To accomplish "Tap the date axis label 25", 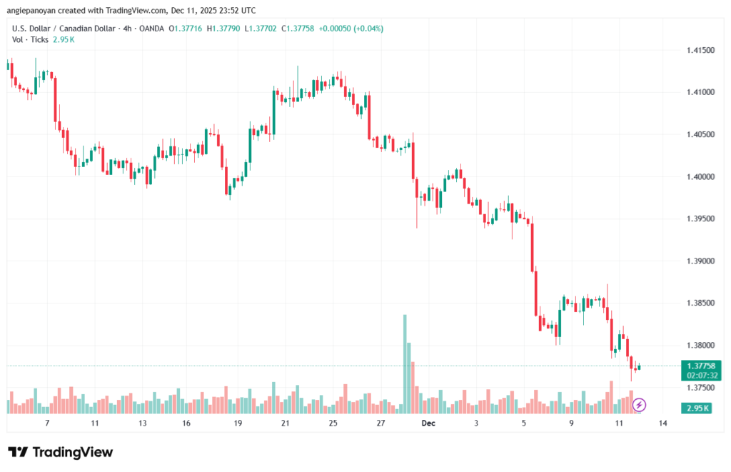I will (x=333, y=423).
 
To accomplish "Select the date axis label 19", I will (x=238, y=423).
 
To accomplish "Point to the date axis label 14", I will (x=663, y=423).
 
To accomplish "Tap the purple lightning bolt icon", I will (x=639, y=405).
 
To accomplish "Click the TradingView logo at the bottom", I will (x=61, y=452).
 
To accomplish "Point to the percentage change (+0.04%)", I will (x=367, y=29).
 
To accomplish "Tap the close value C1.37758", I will (x=301, y=29).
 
